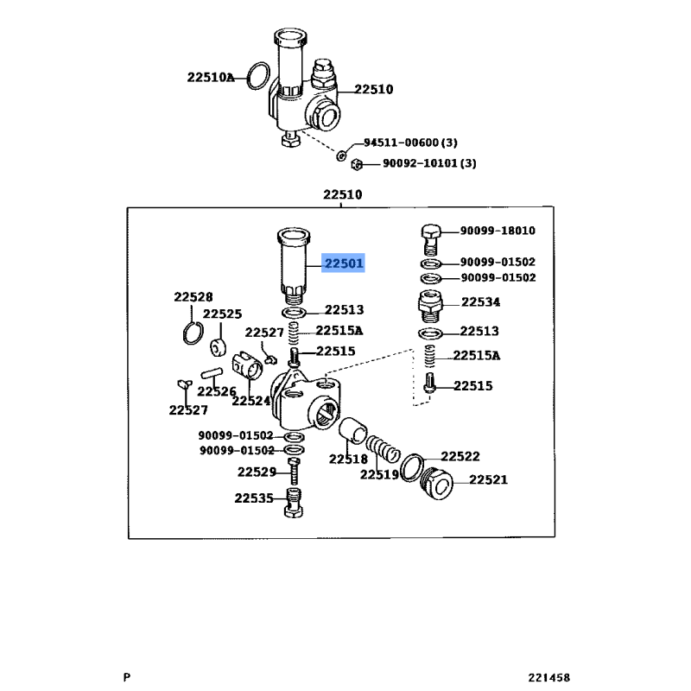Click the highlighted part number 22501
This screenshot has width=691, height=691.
tap(343, 263)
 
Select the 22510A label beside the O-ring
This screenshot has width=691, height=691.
tap(211, 78)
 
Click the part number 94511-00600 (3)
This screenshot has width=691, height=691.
tap(410, 143)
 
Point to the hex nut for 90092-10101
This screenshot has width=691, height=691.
tap(357, 164)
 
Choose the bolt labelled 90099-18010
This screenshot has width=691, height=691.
tap(431, 239)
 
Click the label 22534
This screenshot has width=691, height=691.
tap(481, 301)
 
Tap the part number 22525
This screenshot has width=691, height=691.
tap(222, 314)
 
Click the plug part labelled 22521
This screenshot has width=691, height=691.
tap(437, 483)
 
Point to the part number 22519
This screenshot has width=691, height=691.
tap(379, 474)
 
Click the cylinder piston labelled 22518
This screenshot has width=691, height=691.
tap(353, 430)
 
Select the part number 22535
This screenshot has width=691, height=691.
tap(254, 498)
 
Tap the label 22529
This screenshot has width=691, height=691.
tap(257, 472)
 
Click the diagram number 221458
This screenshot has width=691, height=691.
tap(549, 677)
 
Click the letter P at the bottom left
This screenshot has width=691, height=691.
tap(127, 677)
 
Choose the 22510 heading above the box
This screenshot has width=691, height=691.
tap(342, 194)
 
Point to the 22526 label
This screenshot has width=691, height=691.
tap(217, 391)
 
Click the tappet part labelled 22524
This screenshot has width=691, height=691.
tap(248, 365)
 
